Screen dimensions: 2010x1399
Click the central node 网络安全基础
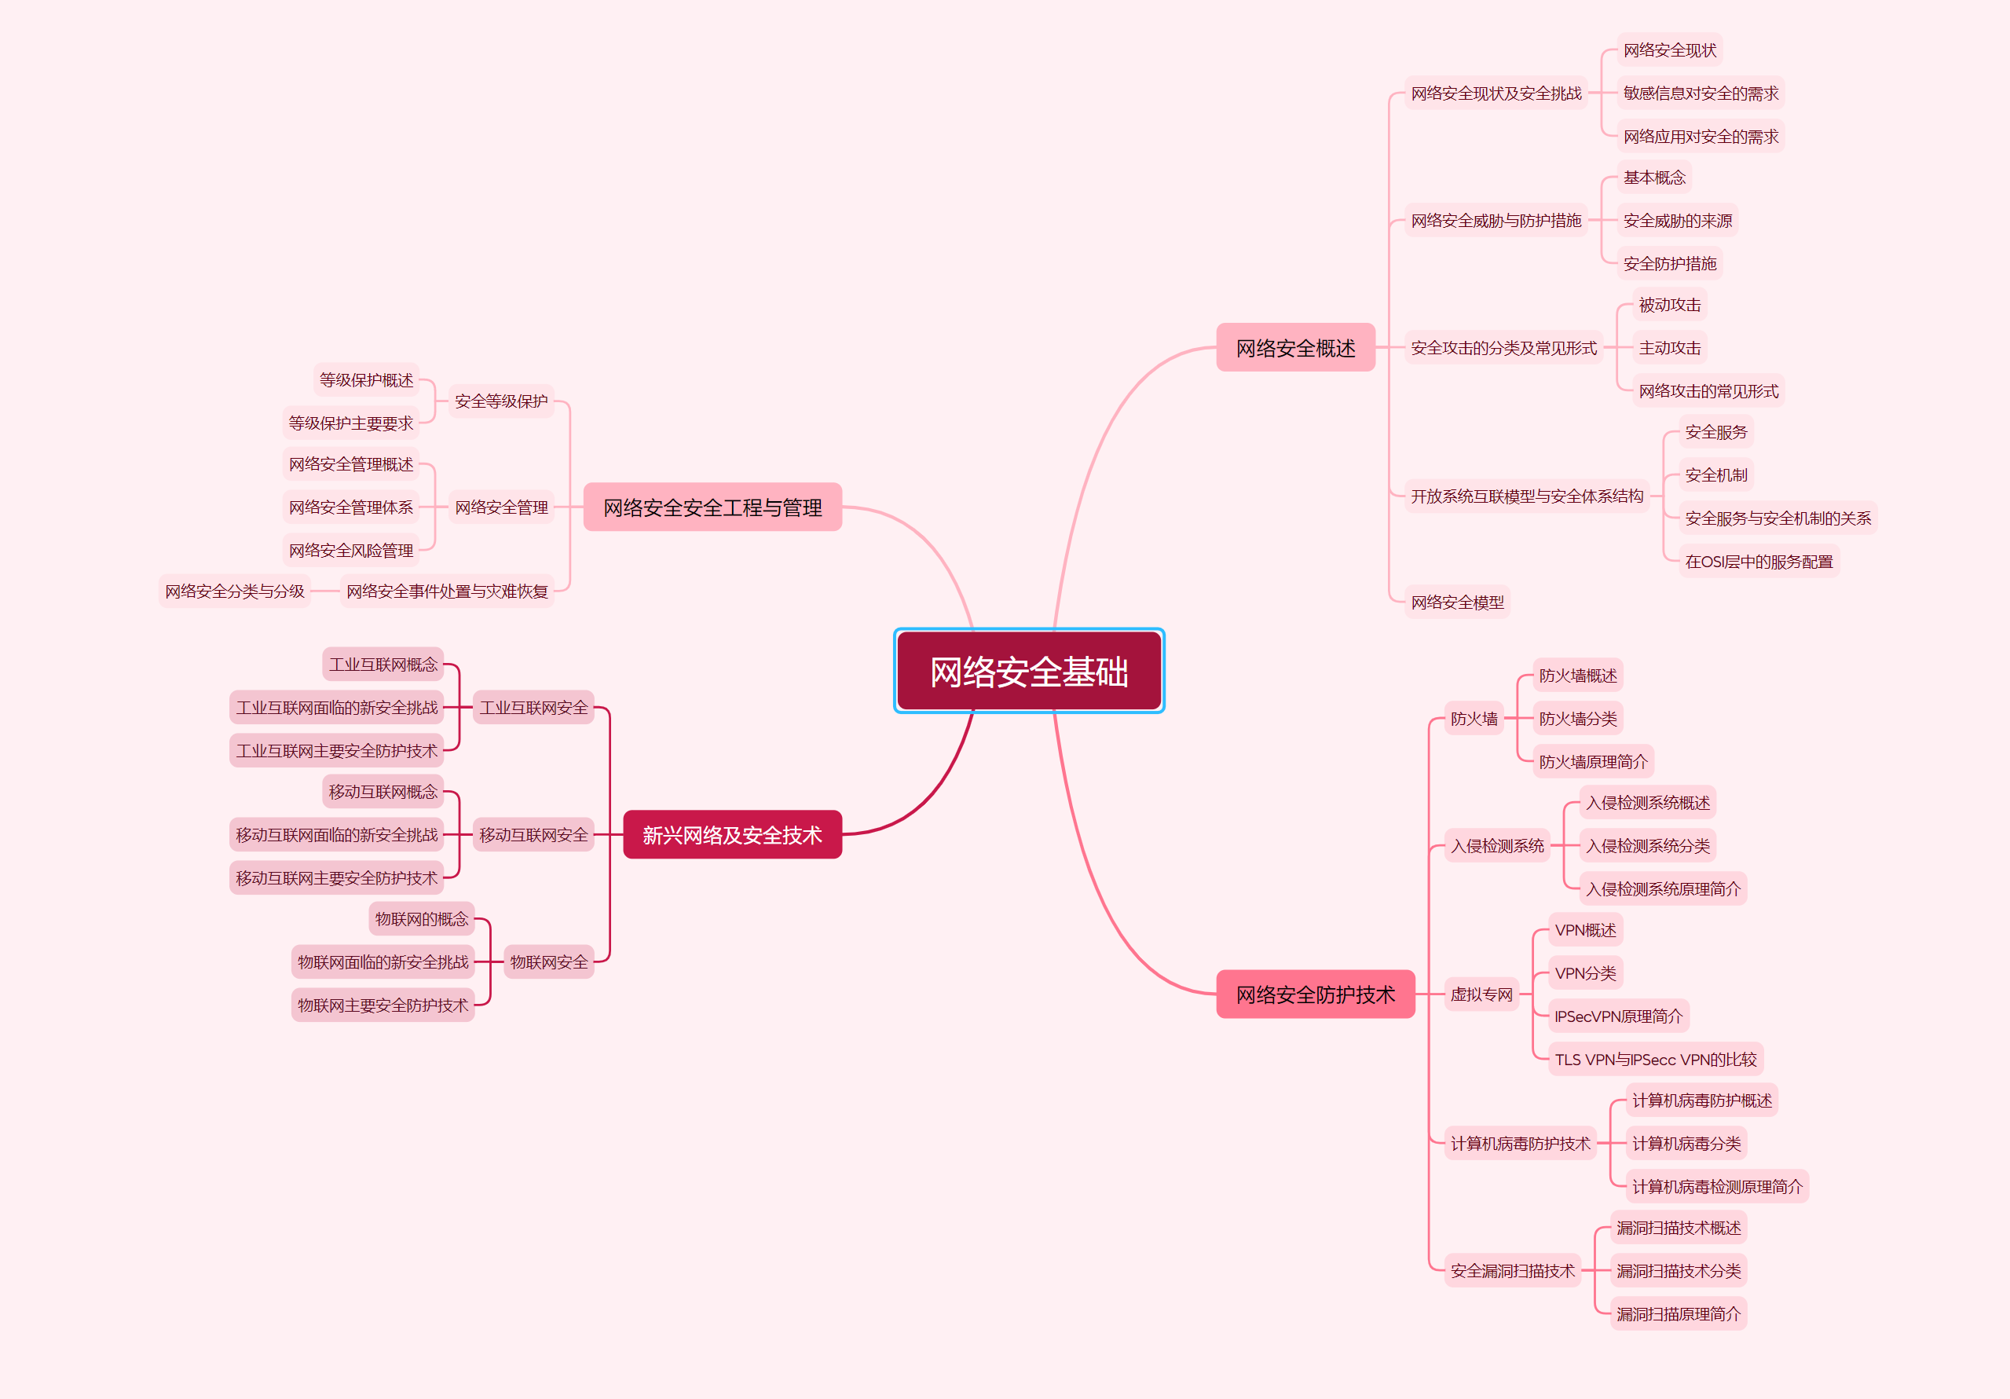point(1029,672)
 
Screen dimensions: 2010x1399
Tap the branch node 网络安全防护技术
point(1315,994)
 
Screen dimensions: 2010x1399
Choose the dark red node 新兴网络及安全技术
point(732,834)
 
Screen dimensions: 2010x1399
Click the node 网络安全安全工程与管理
point(712,507)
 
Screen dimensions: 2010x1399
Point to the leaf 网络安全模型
point(1457,602)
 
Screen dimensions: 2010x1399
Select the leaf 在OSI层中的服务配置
point(1758,561)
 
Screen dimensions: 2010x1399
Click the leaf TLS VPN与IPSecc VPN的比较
point(1654,1060)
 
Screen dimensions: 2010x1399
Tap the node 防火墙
point(1474,719)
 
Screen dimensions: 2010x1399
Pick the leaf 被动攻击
point(1669,305)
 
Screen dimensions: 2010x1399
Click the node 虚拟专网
point(1481,994)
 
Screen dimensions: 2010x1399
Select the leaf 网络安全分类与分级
point(235,591)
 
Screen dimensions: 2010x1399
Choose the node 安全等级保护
point(501,401)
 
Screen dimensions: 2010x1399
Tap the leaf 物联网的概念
point(421,918)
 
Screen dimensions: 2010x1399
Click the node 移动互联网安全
point(533,834)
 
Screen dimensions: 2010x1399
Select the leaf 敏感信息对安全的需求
point(1700,93)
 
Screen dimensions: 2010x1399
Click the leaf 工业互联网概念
point(383,665)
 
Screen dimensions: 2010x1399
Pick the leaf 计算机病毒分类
point(1686,1144)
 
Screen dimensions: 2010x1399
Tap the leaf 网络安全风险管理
point(350,550)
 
